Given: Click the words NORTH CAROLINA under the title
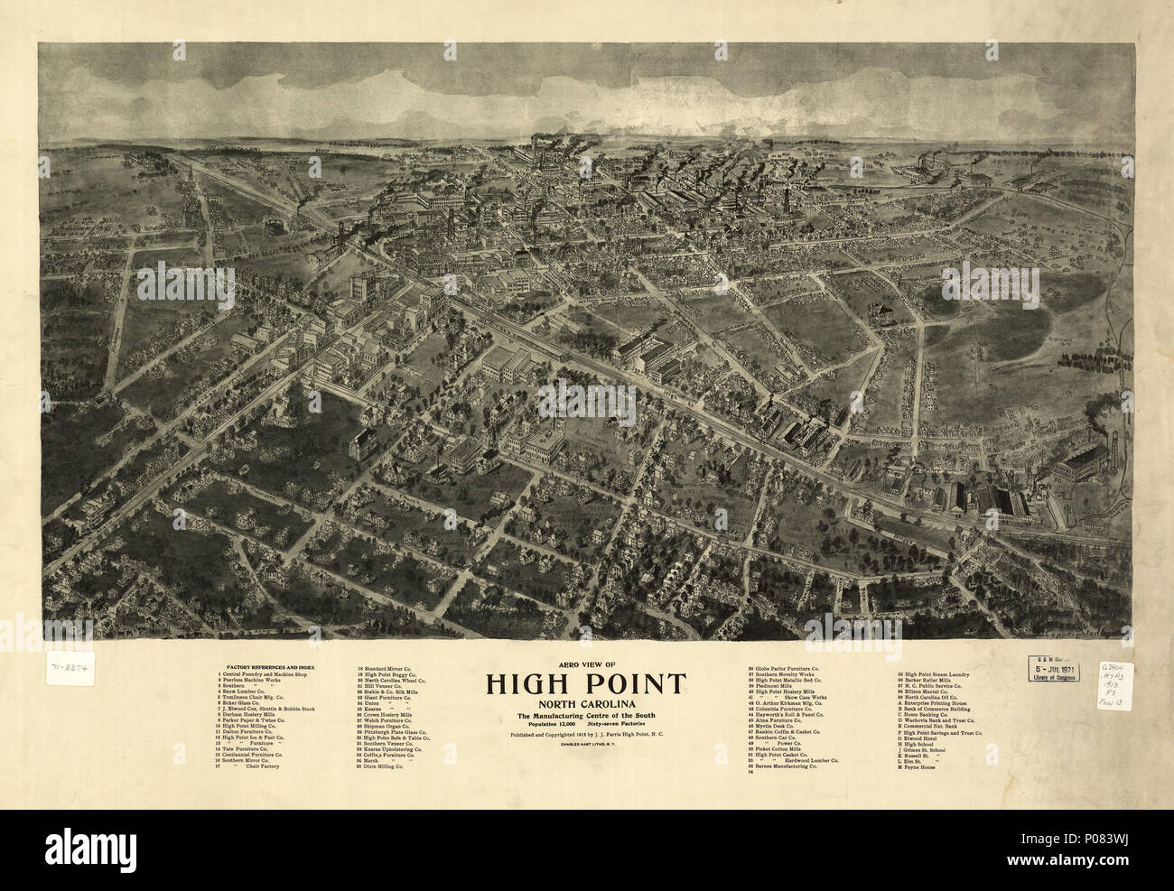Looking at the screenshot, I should coord(587,703).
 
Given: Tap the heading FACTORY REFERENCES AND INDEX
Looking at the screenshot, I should coord(262,664).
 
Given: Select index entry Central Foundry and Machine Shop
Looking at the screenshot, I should coord(265,673).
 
